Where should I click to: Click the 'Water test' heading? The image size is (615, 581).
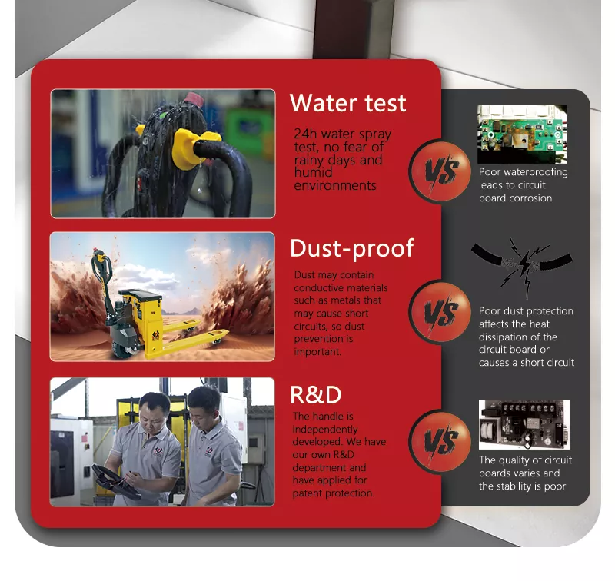[x=347, y=103]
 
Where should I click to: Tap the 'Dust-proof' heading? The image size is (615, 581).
[x=352, y=249]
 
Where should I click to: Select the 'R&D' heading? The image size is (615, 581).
[x=316, y=395]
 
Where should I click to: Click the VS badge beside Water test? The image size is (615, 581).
[x=440, y=171]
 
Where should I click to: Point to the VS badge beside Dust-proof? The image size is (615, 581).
[x=440, y=312]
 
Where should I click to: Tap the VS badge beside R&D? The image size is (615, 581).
[x=440, y=442]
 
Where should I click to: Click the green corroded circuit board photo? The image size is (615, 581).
[x=522, y=134]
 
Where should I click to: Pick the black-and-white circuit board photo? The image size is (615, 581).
[x=524, y=424]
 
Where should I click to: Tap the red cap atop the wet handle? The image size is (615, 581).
[x=194, y=98]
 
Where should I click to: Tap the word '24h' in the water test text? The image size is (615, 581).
[x=305, y=134]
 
